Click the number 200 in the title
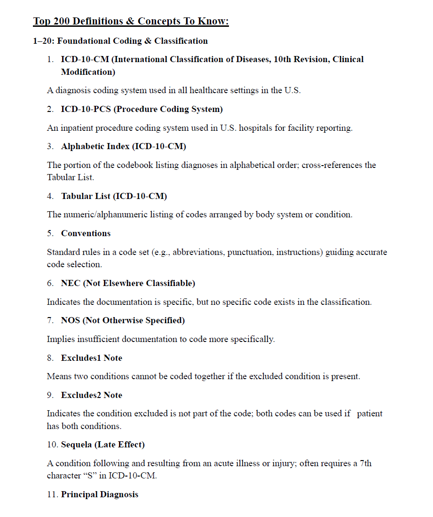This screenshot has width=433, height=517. click(62, 21)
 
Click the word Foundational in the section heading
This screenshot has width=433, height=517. click(84, 41)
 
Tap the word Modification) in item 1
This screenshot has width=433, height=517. click(88, 72)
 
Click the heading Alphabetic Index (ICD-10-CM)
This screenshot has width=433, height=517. click(123, 146)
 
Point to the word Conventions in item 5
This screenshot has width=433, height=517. click(86, 233)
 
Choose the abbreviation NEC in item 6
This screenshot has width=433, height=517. click(71, 283)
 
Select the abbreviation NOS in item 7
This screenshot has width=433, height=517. click(71, 320)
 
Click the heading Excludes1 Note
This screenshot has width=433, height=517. click(91, 358)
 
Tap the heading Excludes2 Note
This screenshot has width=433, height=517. click(91, 395)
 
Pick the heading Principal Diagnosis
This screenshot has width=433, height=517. click(100, 494)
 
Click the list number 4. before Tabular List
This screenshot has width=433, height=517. click(50, 196)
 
